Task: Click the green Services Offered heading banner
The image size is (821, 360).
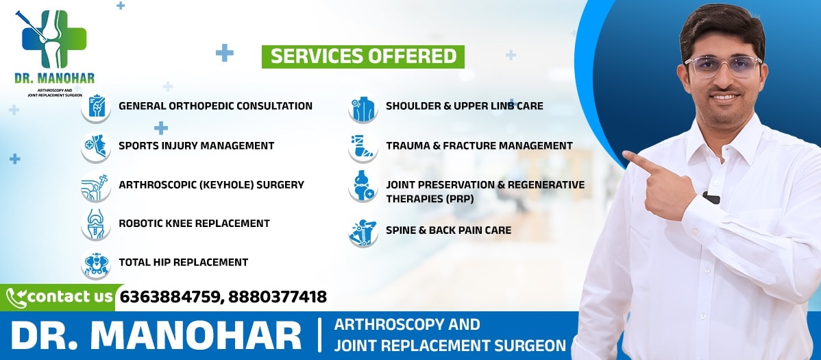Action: [363, 57]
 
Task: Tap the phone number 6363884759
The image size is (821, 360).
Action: [170, 297]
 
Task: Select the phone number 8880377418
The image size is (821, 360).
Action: [278, 297]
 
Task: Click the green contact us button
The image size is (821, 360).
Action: [61, 298]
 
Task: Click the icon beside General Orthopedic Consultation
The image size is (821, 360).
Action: [96, 107]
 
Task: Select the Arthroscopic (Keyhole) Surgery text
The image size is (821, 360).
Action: [212, 185]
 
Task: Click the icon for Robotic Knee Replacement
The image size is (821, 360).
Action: [96, 224]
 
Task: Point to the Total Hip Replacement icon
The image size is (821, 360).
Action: [96, 263]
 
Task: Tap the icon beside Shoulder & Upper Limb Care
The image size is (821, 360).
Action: [363, 108]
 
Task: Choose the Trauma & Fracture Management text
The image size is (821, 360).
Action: [479, 145]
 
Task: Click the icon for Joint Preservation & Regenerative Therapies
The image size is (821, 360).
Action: [363, 186]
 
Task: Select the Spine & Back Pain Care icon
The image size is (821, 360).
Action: [363, 232]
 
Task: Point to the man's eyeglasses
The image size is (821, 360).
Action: [722, 67]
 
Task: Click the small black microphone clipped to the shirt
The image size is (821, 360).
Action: [711, 197]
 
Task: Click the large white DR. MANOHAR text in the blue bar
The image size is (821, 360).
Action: [156, 335]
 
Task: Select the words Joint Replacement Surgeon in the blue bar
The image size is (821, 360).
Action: [450, 346]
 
